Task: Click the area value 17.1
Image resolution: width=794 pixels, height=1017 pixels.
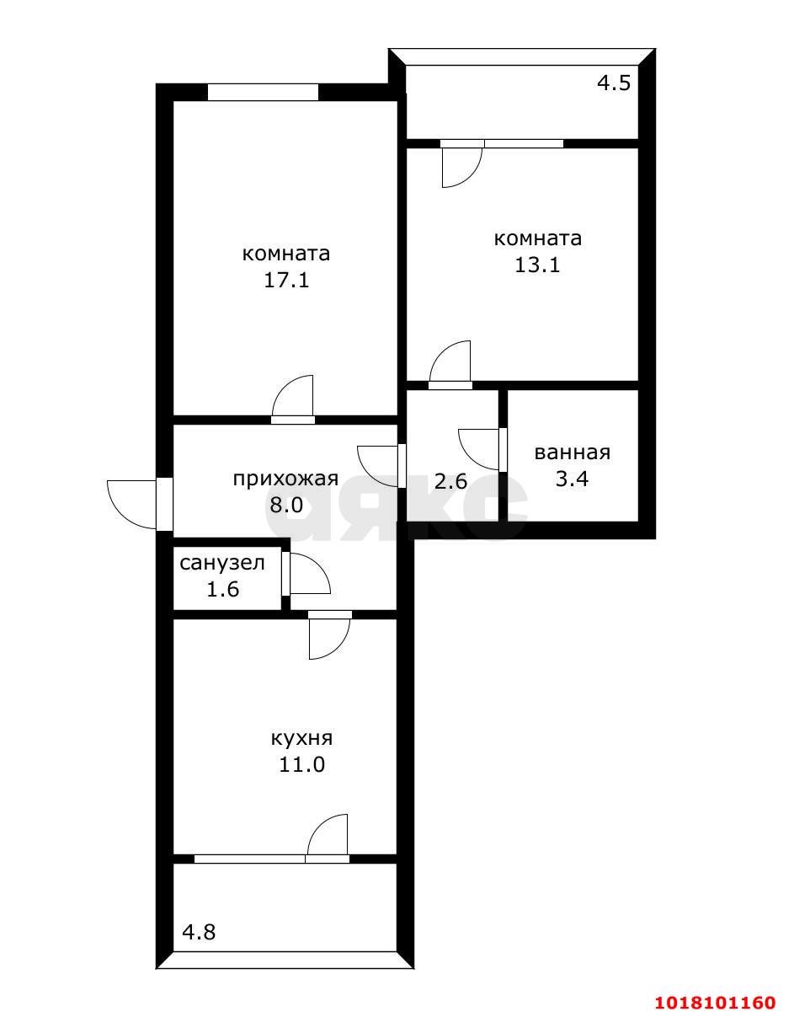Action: (x=286, y=281)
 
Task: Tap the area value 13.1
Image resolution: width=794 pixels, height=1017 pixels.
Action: (x=537, y=265)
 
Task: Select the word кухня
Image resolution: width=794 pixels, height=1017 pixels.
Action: (x=301, y=738)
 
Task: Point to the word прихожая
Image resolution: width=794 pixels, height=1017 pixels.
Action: (x=285, y=479)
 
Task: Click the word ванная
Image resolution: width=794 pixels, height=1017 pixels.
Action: (x=573, y=452)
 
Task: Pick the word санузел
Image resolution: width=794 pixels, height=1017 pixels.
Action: (x=222, y=563)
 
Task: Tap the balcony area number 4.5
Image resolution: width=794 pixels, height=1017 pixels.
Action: (x=615, y=83)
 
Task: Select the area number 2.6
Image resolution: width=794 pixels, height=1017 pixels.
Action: (x=450, y=481)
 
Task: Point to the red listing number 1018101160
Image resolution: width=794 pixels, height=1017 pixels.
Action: (x=715, y=998)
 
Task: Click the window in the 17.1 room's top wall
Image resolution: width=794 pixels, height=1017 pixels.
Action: (x=263, y=92)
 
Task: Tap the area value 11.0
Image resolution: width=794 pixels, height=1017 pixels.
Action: (x=301, y=765)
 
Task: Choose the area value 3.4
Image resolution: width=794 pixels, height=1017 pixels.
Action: (x=572, y=479)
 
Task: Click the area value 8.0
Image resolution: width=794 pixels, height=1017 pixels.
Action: (x=286, y=505)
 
